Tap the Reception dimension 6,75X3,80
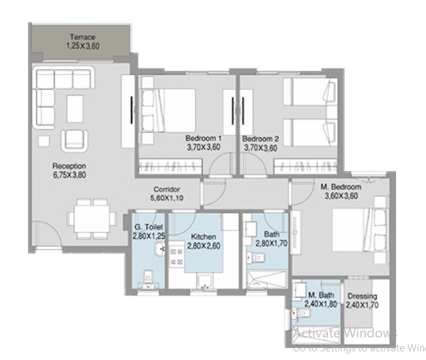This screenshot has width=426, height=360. [x=70, y=176]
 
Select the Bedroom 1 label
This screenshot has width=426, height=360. [x=203, y=139]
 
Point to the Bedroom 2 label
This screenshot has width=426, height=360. [x=260, y=139]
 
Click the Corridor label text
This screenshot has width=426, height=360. [x=167, y=189]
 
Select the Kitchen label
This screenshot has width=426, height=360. [x=204, y=237]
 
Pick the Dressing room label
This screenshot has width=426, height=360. [x=362, y=297]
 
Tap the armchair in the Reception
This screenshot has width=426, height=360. [x=74, y=139]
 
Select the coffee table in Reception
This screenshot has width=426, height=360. [x=75, y=108]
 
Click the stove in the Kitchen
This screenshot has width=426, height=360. [x=178, y=258]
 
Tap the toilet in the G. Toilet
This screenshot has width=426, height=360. [x=149, y=277]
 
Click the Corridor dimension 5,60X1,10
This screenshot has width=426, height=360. [x=167, y=198]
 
